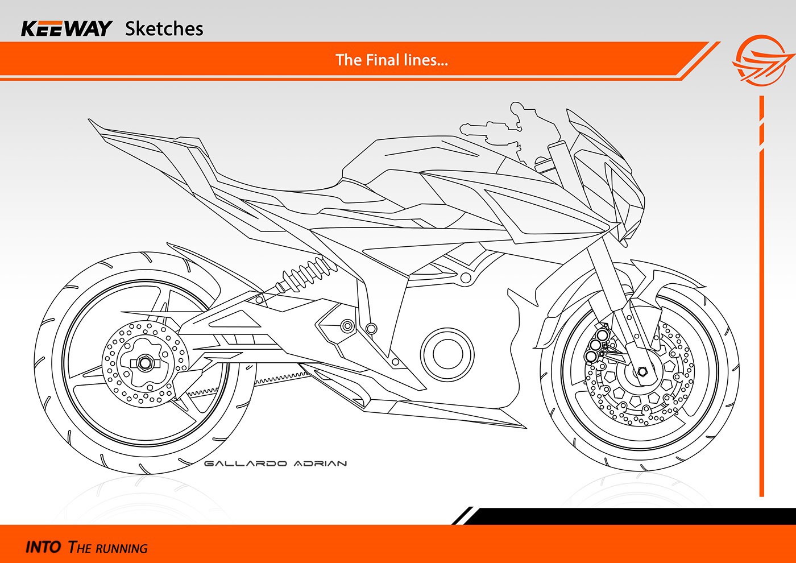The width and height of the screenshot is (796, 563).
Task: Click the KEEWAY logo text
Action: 66,28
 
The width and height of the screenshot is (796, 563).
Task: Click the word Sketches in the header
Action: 164,28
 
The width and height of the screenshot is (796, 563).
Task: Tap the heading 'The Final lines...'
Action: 392,60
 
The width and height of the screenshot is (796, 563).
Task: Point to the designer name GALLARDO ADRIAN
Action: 275,463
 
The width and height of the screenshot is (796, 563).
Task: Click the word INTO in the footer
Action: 43,547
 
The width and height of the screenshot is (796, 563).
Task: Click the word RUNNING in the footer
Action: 122,549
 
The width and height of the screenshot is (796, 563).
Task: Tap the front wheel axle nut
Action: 642,372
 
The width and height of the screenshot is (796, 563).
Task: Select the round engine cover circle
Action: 447,353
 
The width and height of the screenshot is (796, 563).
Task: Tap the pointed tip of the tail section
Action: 90,120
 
